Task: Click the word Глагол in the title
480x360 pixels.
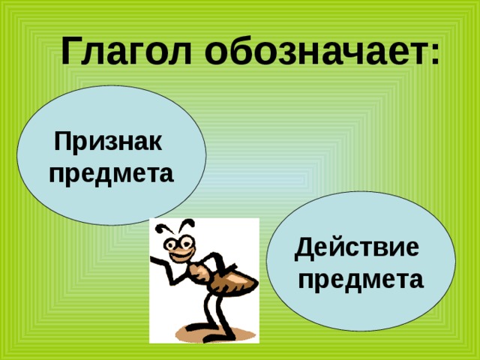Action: (126, 51)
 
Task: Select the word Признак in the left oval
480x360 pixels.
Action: (108, 142)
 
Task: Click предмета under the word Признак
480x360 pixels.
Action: (112, 174)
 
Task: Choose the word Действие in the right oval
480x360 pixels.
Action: (357, 248)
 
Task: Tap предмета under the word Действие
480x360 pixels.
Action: (361, 279)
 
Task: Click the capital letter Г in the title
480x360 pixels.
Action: (72, 51)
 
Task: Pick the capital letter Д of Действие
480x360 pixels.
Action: (305, 249)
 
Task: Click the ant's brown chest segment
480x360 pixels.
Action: (199, 271)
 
